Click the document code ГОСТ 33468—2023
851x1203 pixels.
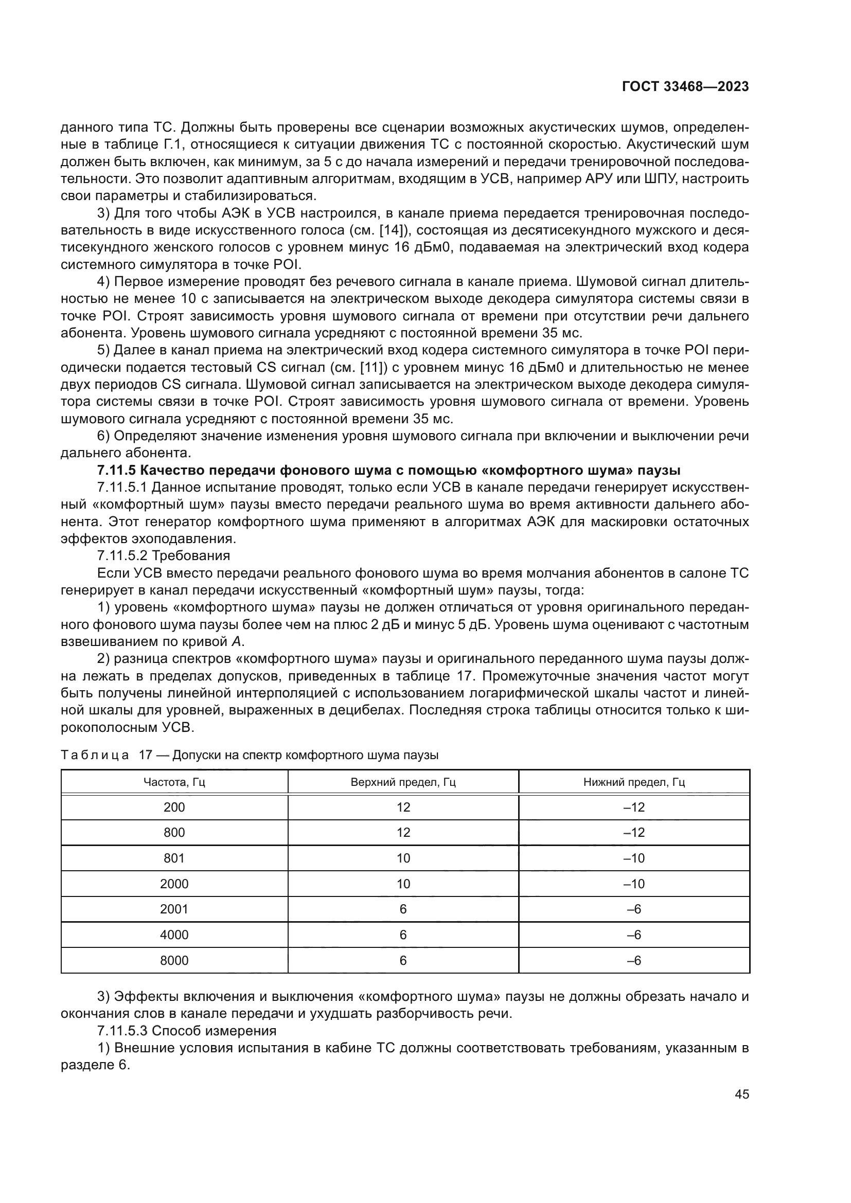(685, 87)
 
